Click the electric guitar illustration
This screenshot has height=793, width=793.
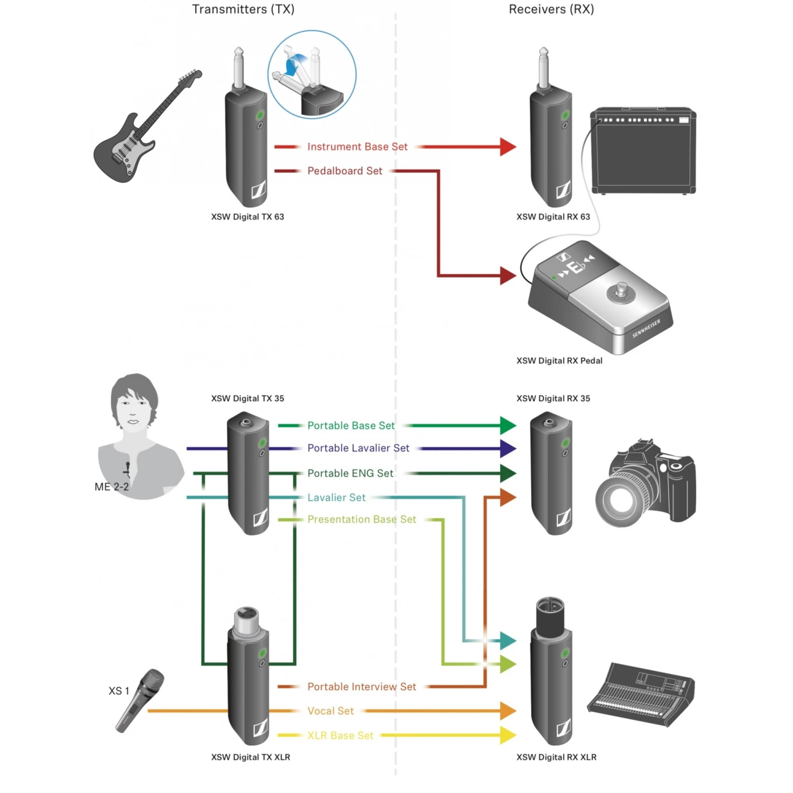(x=143, y=130)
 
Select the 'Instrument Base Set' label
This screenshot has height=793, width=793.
(x=357, y=147)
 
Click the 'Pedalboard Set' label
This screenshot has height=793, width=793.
(x=345, y=171)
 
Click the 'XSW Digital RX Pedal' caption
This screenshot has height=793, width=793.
(x=559, y=361)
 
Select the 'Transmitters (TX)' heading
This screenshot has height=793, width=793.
(x=243, y=10)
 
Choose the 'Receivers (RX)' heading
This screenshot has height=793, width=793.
(x=551, y=10)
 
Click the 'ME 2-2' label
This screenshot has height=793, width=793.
(x=112, y=487)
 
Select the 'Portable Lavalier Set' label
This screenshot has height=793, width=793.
(x=358, y=448)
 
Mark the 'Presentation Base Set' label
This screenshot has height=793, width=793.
(x=362, y=520)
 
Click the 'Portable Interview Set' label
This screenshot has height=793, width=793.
(x=362, y=687)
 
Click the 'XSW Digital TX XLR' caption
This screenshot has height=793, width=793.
(x=251, y=757)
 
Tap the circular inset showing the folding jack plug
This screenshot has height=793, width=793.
(x=312, y=74)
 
